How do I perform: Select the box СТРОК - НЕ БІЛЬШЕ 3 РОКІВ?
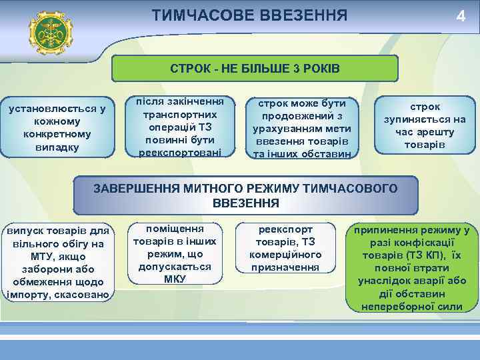tap(255, 69)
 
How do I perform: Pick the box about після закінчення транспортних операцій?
tap(181, 127)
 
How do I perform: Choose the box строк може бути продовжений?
tap(303, 129)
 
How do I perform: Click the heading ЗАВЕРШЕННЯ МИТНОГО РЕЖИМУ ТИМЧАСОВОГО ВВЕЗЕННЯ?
tap(246, 195)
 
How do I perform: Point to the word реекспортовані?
tap(181, 153)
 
